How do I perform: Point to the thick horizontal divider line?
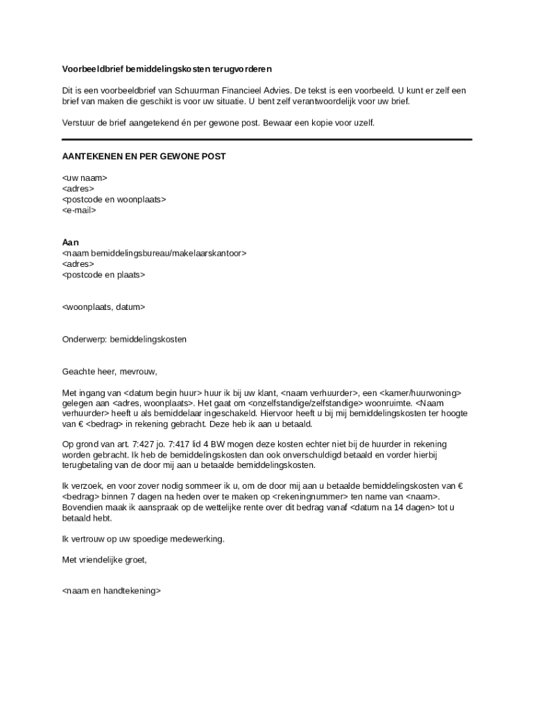tap(267, 139)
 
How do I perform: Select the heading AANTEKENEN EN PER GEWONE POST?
tap(144, 157)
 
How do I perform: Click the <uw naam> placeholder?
tap(85, 178)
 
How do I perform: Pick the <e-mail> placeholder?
tap(80, 209)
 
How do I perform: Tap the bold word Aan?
tap(71, 243)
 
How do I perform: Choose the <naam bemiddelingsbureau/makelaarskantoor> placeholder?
tap(154, 253)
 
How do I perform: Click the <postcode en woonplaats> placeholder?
tap(114, 199)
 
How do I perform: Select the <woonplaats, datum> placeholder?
tap(104, 306)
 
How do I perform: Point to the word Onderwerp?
tap(84, 340)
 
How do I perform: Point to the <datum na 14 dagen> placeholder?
tap(392, 508)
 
